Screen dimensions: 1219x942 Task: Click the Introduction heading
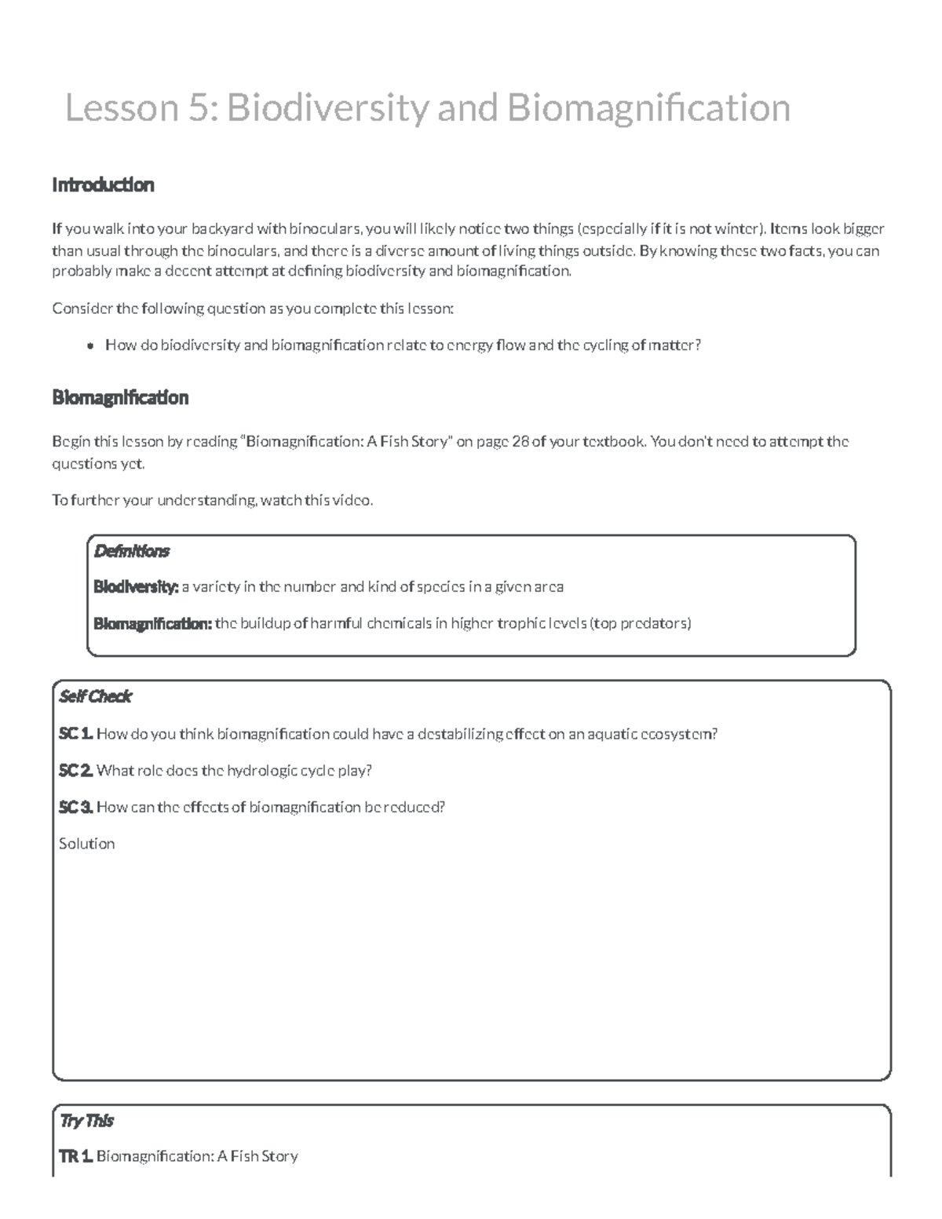103,185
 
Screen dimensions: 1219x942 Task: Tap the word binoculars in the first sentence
324,229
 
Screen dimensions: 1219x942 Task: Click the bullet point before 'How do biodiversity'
91,345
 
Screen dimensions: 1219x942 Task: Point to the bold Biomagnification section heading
120,398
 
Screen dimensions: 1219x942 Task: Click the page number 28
520,442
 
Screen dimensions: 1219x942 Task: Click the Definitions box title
131,551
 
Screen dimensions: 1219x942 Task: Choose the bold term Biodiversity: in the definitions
136,587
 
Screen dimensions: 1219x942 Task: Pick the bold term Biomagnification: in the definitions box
152,624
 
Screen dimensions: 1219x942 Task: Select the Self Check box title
95,697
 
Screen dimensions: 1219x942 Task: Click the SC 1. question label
75,735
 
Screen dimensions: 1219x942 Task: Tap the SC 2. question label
75,771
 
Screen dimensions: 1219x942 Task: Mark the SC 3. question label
75,807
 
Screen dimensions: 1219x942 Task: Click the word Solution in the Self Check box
86,844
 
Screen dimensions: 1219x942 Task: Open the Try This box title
86,1121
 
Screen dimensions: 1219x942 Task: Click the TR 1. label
75,1156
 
